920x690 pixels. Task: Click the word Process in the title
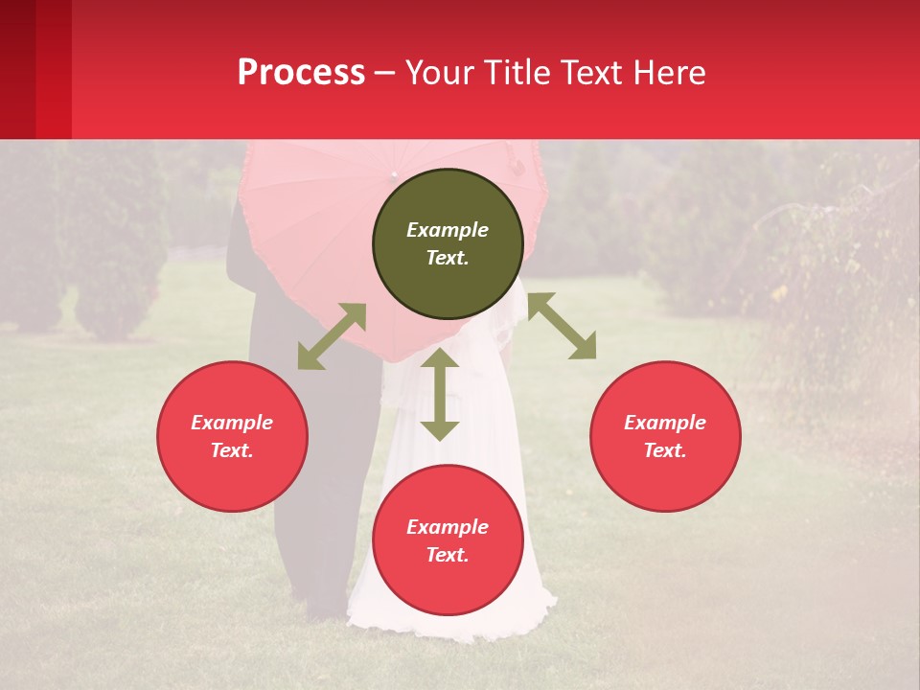(x=301, y=73)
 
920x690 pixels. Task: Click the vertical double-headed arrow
(x=440, y=394)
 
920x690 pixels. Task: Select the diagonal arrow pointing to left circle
(x=332, y=336)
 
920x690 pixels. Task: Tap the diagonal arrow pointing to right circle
(x=562, y=326)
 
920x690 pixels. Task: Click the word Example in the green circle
(x=448, y=230)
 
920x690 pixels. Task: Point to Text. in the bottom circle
(x=448, y=555)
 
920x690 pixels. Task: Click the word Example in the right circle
(x=665, y=423)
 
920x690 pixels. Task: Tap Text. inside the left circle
(x=232, y=450)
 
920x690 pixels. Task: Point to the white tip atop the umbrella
(x=394, y=174)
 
